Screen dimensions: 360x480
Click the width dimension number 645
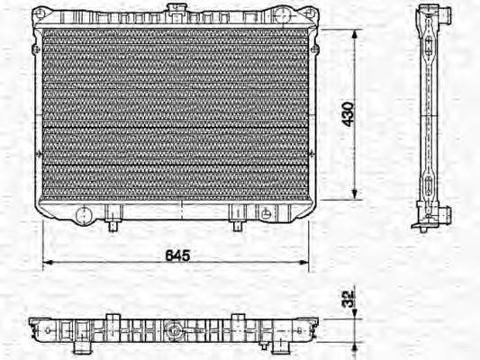point(178,256)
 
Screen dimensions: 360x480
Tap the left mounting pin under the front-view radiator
point(112,221)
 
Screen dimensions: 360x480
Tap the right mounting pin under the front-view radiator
point(238,221)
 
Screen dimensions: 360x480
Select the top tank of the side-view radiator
point(431,18)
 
